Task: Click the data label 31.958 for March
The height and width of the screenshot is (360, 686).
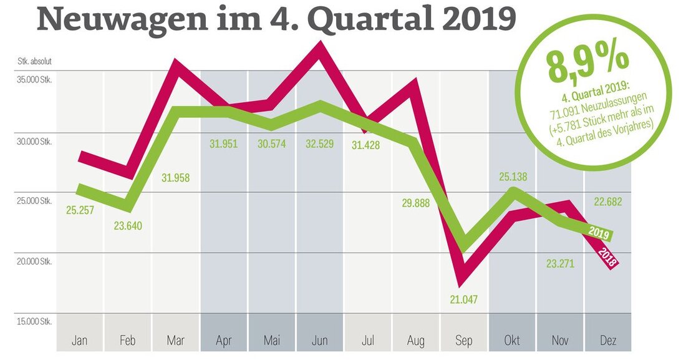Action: point(175,178)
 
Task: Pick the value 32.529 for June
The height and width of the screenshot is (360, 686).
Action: point(319,144)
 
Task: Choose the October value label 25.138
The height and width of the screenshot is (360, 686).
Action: point(512,177)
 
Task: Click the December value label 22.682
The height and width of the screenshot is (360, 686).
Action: point(607,202)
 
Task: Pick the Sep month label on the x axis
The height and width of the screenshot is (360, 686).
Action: point(463,341)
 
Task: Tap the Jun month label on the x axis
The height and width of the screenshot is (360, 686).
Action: point(319,341)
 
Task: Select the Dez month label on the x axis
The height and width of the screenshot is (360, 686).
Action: point(607,341)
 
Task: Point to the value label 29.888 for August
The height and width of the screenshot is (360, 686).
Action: point(415,203)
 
